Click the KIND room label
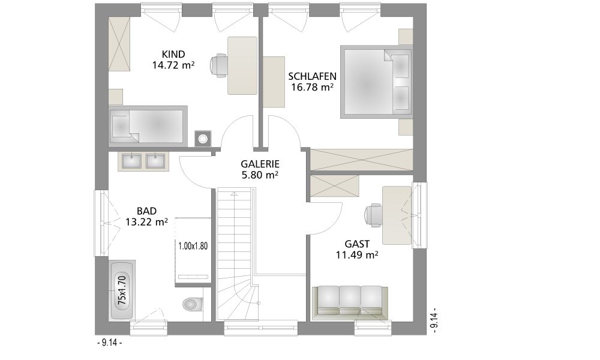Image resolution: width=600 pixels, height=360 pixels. (173, 55)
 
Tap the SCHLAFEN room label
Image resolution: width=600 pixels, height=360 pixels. (312, 76)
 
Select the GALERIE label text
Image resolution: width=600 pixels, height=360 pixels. (260, 164)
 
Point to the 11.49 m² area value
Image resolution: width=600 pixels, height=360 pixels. (357, 254)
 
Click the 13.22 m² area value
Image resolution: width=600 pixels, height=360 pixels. (146, 222)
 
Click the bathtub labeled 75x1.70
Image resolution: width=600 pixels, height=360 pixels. (122, 290)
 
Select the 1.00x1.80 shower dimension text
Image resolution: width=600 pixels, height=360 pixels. (193, 246)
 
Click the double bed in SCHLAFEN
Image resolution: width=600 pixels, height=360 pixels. (376, 82)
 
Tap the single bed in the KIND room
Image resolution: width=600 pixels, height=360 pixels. (148, 126)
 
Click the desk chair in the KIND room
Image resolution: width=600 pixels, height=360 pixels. (218, 65)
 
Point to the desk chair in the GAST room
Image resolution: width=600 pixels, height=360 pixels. (374, 214)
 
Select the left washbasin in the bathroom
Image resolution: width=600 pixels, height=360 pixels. (131, 161)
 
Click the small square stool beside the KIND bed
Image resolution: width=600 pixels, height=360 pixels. (202, 138)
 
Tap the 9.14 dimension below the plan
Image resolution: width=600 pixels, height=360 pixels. (109, 343)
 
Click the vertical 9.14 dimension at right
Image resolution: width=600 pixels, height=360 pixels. (434, 320)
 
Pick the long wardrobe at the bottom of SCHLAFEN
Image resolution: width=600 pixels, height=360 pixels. (362, 160)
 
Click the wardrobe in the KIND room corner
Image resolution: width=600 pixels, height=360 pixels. (119, 44)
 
